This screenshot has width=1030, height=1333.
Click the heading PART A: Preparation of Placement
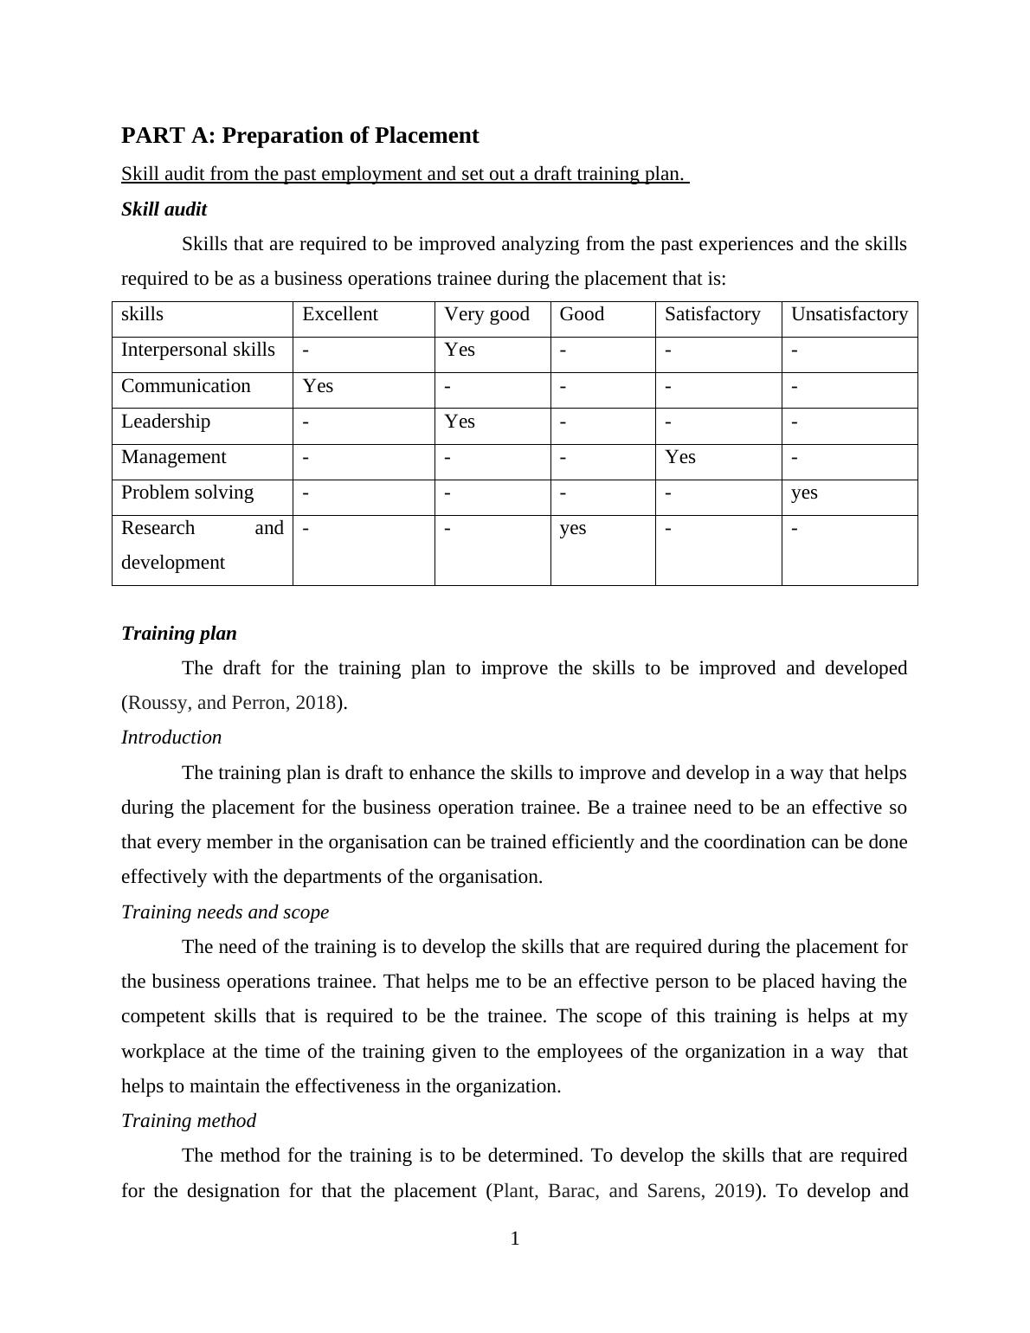[299, 136]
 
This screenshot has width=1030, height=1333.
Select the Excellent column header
[339, 314]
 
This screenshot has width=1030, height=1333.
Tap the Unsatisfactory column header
[849, 314]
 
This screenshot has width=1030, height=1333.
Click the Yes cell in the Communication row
[318, 386]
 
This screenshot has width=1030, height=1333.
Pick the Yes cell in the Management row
[679, 457]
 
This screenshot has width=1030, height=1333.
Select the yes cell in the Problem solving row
[804, 493]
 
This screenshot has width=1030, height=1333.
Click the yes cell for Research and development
[572, 528]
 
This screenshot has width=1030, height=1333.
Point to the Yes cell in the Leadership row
[459, 422]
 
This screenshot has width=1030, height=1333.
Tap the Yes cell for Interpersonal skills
[459, 350]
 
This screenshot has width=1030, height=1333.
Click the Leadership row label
[165, 422]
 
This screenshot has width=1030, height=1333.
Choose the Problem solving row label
[187, 493]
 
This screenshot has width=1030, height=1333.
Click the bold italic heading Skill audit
[164, 209]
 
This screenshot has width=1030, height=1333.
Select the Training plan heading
[178, 634]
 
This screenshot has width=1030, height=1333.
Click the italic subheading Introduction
[171, 737]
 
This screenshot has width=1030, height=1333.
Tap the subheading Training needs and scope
[224, 912]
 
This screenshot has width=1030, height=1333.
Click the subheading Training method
[188, 1121]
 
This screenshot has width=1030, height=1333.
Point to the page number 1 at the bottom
[515, 1240]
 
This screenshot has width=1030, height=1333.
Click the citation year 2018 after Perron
[315, 703]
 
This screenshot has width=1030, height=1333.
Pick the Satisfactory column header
[711, 314]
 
